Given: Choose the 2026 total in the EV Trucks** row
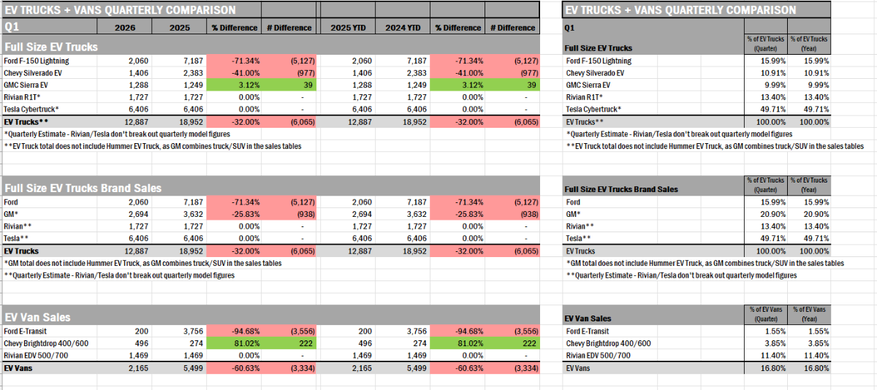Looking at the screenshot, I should pos(135,121).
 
